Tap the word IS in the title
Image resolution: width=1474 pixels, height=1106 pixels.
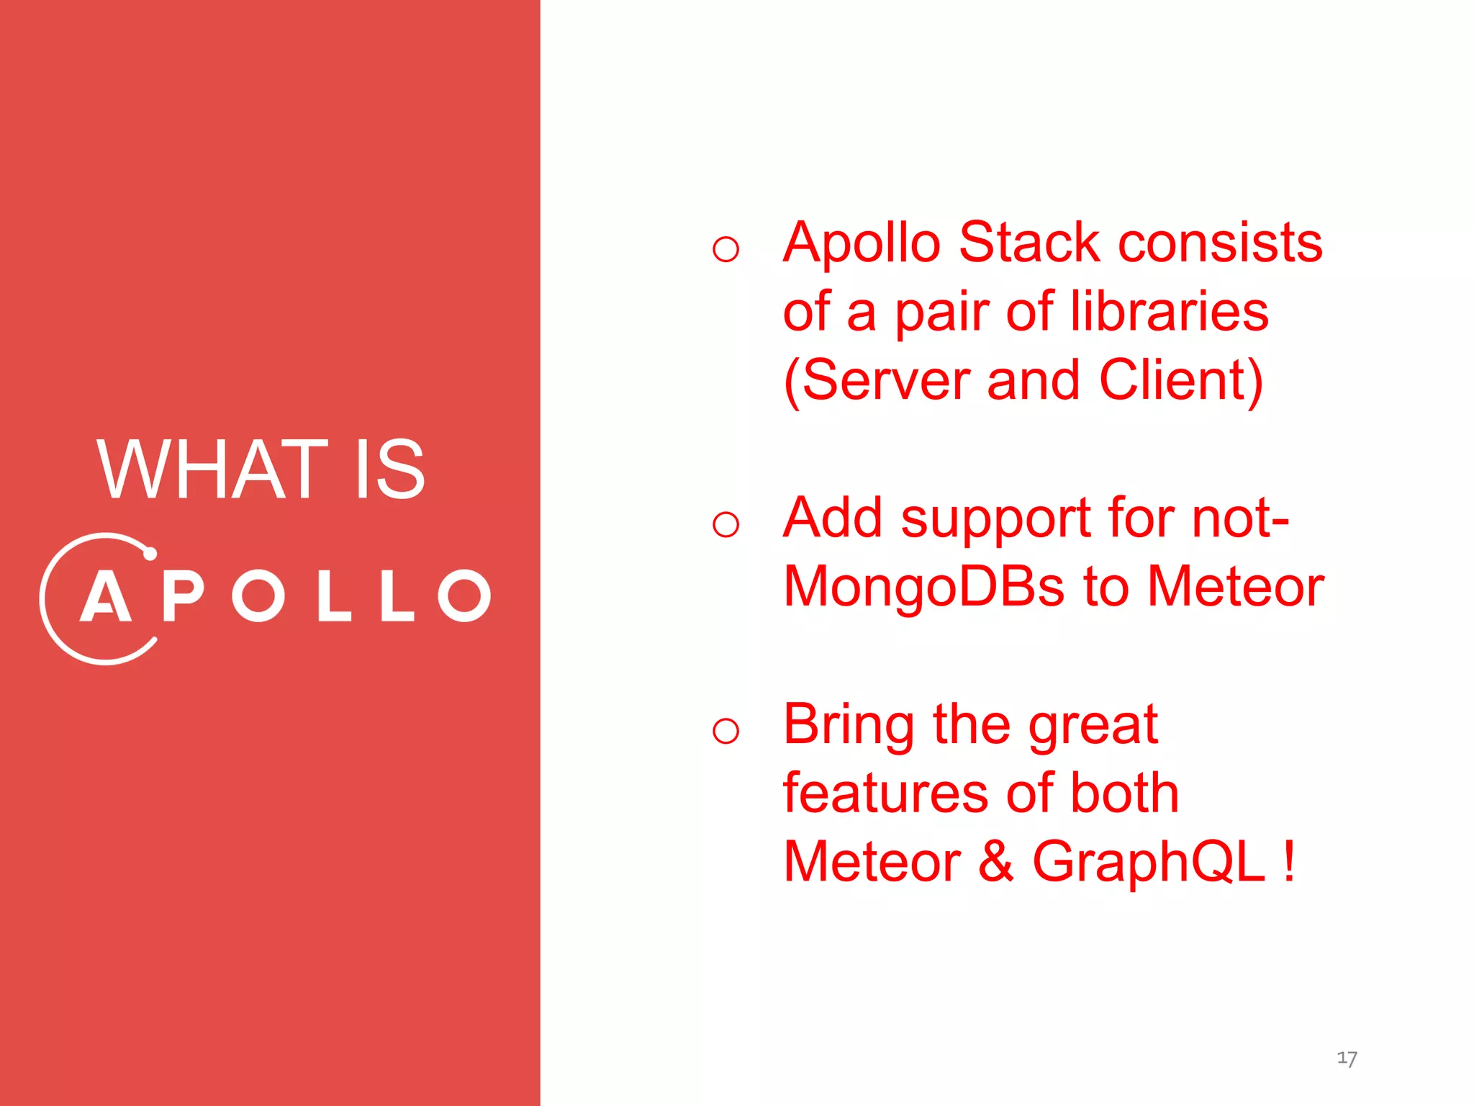[390, 470]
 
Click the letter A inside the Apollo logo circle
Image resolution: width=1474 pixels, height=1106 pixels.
[106, 596]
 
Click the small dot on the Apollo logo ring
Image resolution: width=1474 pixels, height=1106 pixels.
[150, 554]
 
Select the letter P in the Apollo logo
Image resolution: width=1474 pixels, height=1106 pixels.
[183, 596]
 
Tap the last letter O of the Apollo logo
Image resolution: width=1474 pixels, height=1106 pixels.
[465, 596]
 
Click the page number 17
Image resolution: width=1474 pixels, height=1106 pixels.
[1347, 1058]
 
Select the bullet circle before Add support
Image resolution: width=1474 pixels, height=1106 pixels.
[725, 524]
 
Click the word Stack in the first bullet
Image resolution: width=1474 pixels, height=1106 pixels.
[1029, 243]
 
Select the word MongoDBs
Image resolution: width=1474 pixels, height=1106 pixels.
[923, 587]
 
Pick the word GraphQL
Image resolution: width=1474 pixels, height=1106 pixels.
[1148, 862]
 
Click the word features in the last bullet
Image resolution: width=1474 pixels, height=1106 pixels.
[885, 793]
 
